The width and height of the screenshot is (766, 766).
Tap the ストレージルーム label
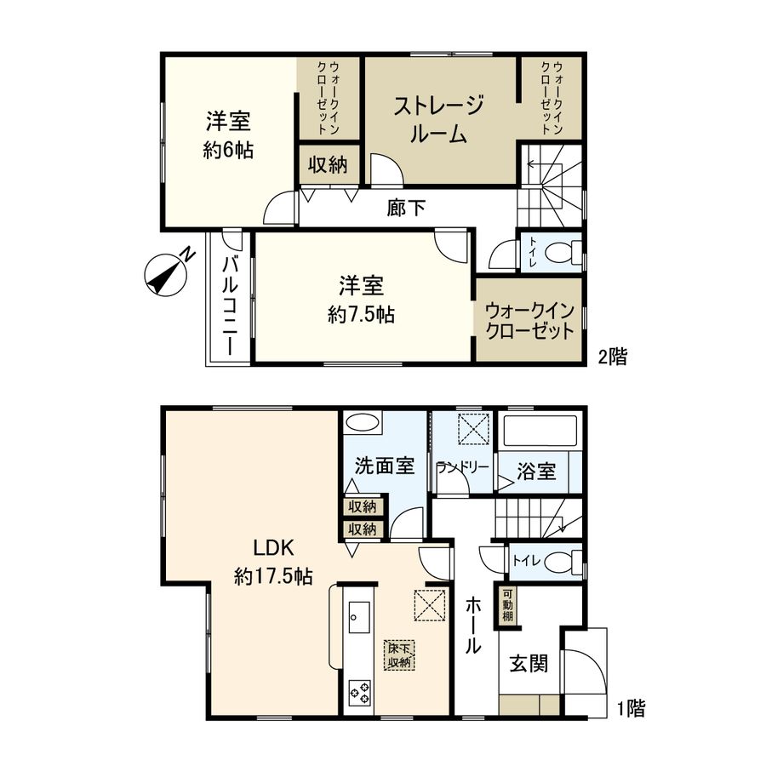439,120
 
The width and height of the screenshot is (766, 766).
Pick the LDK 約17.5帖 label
272,561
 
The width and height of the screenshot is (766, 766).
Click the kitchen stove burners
358,691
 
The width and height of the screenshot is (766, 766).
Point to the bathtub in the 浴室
540,432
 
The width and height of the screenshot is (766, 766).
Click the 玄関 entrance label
528,663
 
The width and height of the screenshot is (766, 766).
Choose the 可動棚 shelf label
507,605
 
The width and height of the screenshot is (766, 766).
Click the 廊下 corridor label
406,207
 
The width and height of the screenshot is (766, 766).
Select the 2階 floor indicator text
610,357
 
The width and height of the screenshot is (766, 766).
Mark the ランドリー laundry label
462,467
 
